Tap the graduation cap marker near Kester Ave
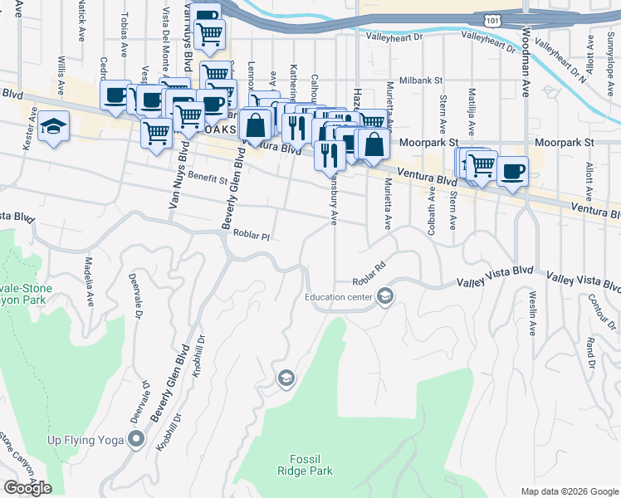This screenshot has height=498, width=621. [53, 127]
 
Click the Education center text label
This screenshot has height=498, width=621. [339, 296]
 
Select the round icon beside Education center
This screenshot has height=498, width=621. [384, 296]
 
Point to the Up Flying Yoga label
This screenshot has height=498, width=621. [85, 440]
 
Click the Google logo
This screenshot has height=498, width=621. [27, 488]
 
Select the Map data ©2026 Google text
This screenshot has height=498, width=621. [569, 491]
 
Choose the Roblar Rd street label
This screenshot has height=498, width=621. [369, 280]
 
